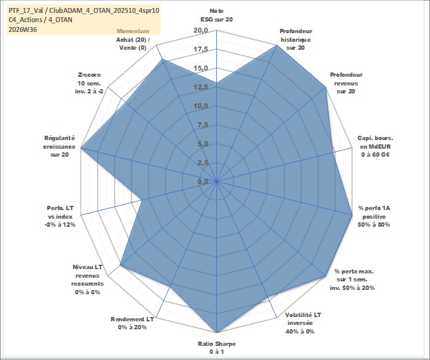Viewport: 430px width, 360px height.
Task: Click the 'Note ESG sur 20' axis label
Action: [x=217, y=15]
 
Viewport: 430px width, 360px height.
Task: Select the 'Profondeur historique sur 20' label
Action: [x=295, y=39]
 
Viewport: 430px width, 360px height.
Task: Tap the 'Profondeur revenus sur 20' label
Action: [x=346, y=83]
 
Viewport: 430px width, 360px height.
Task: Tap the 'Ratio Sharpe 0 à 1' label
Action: [x=217, y=348]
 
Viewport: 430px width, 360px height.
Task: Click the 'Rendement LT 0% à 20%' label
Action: [x=132, y=323]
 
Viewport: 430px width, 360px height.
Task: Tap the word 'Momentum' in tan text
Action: [x=133, y=31]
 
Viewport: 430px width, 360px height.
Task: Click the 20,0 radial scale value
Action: [x=201, y=31]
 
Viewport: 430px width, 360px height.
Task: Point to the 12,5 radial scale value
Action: [x=201, y=87]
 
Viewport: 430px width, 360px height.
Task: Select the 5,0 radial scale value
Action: [x=203, y=144]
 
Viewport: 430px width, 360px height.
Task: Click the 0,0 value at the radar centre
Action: [x=203, y=181]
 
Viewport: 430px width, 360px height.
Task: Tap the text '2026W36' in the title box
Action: [x=23, y=29]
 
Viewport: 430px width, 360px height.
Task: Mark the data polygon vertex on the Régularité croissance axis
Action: [x=81, y=147]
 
